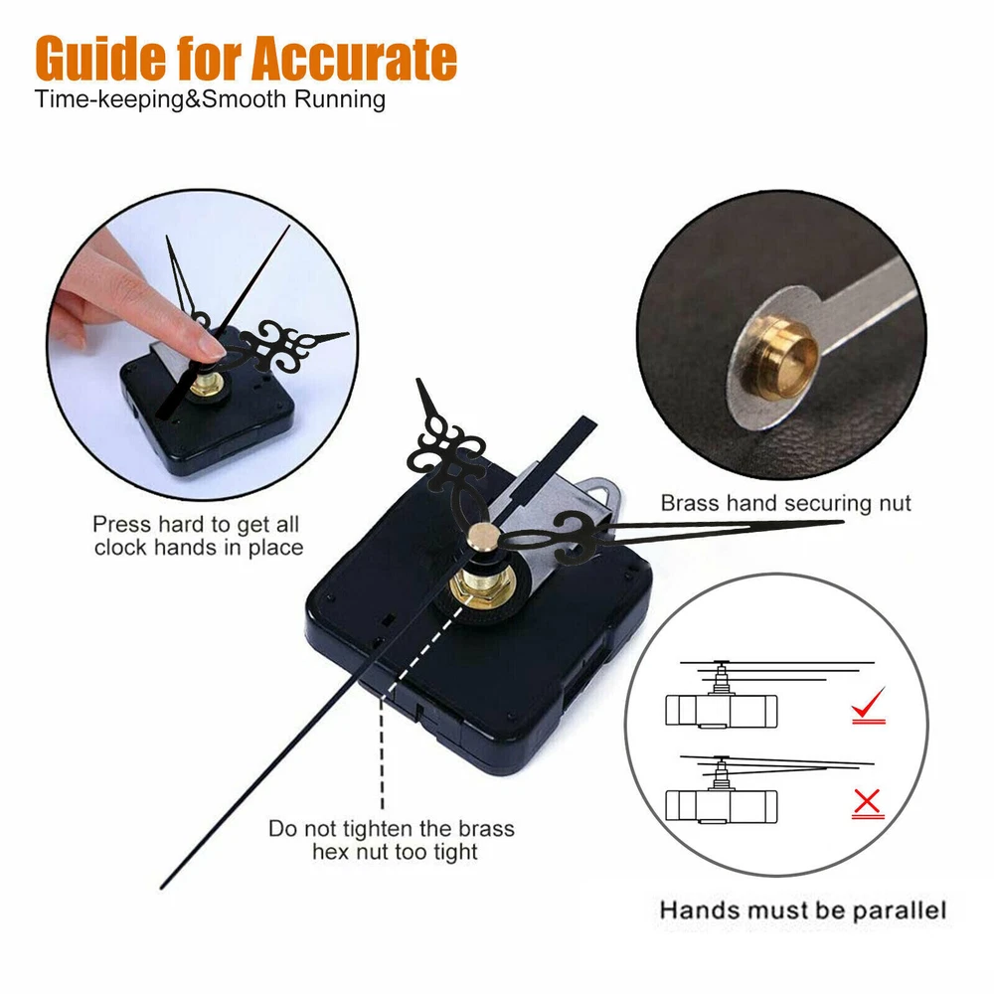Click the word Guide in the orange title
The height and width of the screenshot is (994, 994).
(100, 59)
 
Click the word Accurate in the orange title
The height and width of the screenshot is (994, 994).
(354, 59)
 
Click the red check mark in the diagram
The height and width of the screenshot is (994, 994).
(868, 705)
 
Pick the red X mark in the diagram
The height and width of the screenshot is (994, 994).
(867, 803)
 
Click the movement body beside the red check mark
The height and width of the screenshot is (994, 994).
(722, 711)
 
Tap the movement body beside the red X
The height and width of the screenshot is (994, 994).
(722, 807)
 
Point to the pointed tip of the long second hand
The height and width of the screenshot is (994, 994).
(162, 887)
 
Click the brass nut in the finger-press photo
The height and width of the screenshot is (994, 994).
(208, 384)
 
